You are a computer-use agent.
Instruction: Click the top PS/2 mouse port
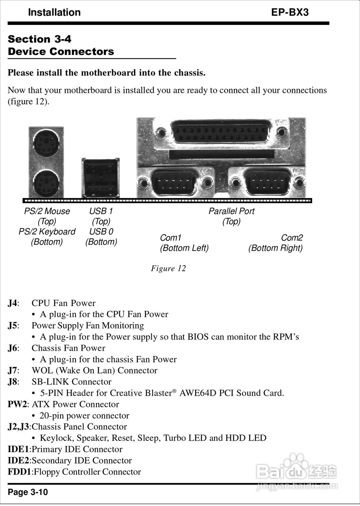point(46,143)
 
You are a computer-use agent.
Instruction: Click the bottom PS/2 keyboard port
point(46,183)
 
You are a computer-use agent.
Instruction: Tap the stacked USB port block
point(101,178)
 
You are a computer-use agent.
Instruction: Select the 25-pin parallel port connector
point(221,132)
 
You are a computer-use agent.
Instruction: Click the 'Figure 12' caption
point(168,268)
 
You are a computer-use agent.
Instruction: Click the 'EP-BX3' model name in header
point(290,12)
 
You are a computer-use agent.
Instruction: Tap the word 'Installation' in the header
point(54,12)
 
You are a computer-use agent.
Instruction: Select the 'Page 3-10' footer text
point(28,492)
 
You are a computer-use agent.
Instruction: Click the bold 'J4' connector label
point(12,303)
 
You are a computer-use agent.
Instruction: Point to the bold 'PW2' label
point(17,404)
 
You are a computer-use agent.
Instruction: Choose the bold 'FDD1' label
point(19,472)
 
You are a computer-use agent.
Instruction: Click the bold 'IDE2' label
point(19,461)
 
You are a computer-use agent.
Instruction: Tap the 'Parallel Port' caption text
point(231,211)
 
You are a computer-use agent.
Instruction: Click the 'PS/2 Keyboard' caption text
point(47,232)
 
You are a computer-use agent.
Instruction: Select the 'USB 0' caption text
point(101,232)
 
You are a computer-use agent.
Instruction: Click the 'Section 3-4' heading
point(40,39)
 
